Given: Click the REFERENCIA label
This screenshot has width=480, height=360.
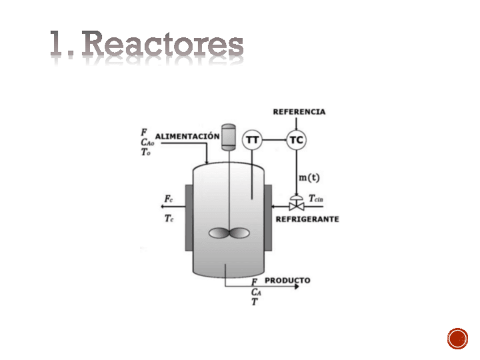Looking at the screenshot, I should point(299,112).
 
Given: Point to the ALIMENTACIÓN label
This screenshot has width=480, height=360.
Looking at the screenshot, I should point(187,136).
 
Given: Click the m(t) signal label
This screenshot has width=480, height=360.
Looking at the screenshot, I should point(309,178).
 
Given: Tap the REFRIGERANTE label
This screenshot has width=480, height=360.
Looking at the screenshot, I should point(307,219).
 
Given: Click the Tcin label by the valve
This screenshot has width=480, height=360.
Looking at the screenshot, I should point(316,199).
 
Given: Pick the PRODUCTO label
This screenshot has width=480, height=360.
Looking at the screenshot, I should point(288,280).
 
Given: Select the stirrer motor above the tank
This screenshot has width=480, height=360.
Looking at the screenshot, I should point(228,136).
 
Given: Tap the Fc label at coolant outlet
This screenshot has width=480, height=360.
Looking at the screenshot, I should point(169,199).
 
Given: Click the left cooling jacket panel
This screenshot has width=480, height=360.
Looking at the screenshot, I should point(188,217).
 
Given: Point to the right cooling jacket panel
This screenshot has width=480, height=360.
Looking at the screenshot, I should point(268,217).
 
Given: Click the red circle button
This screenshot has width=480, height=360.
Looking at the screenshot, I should point(457,338).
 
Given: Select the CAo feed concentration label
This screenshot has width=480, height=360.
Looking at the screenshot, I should point(148,143).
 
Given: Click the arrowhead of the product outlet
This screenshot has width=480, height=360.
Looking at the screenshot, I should point(295,286).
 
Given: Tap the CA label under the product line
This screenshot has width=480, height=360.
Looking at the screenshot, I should point(256,292).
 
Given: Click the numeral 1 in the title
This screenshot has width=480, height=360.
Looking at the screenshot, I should point(56,44).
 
